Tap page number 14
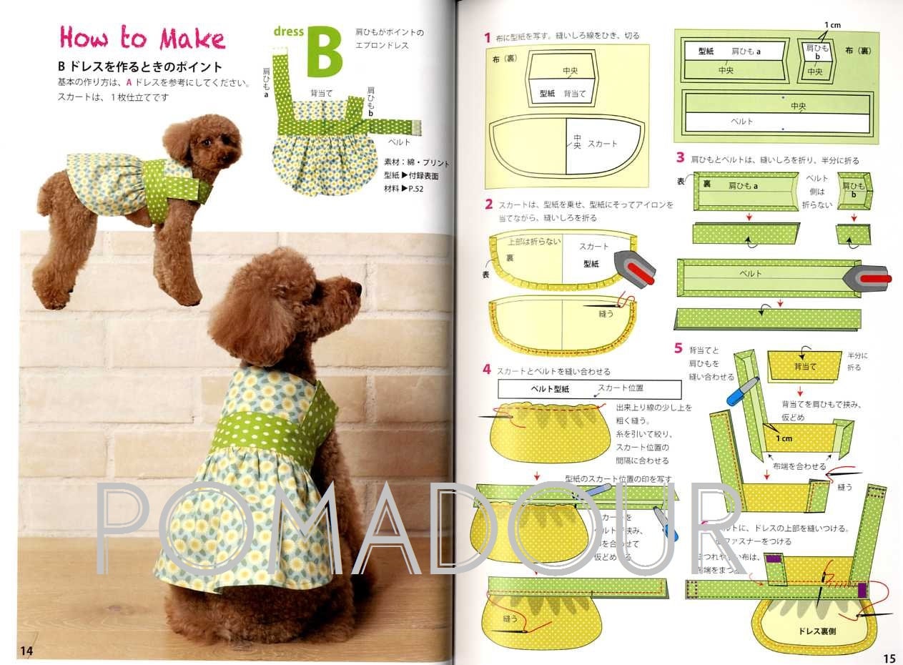click(x=26, y=650)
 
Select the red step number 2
click(x=488, y=205)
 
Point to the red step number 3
click(x=680, y=158)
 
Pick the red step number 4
click(x=487, y=370)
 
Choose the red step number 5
click(x=679, y=348)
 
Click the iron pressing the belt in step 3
click(x=867, y=277)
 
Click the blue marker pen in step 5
click(x=741, y=390)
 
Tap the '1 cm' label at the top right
click(x=832, y=25)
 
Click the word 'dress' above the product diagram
click(x=289, y=31)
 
